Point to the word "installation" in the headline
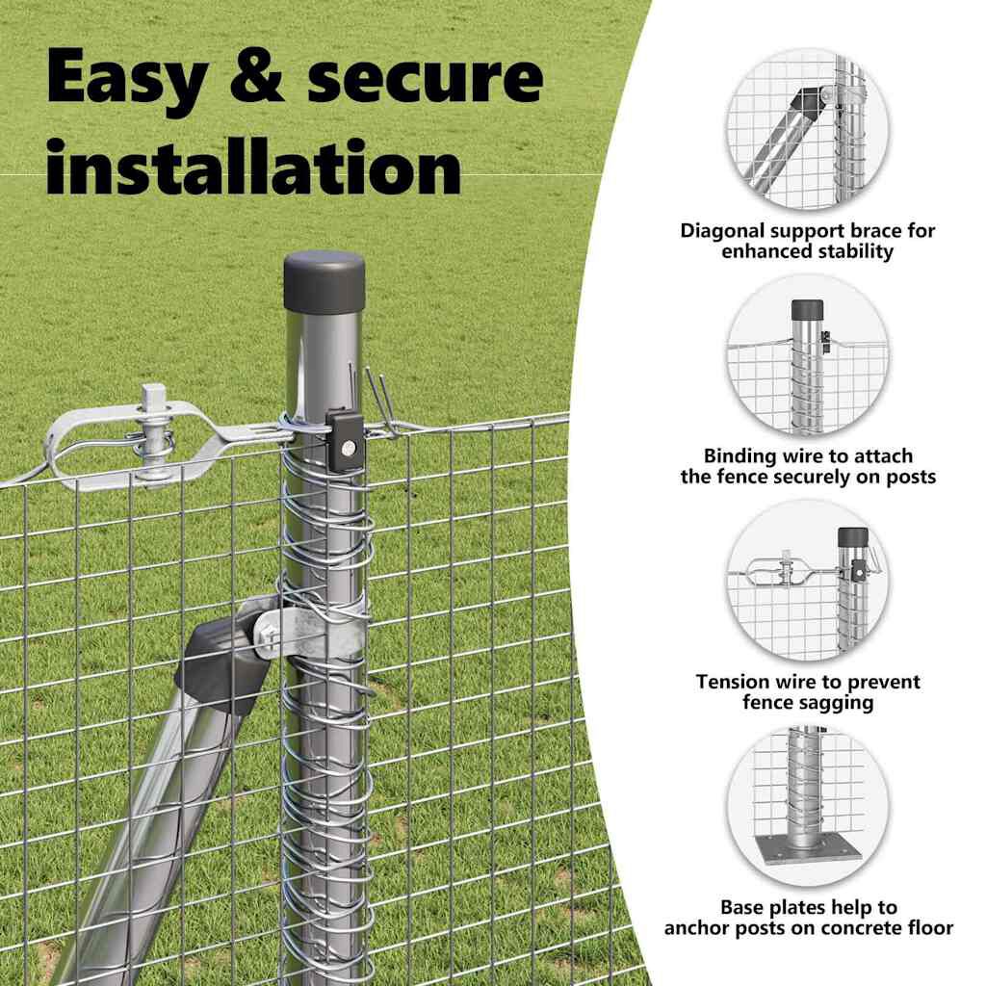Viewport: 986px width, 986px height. (253, 167)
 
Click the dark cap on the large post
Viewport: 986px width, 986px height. (324, 282)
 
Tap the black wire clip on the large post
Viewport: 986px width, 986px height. (345, 437)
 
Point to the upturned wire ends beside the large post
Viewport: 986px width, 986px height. (377, 402)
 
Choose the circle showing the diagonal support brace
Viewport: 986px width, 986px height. (808, 130)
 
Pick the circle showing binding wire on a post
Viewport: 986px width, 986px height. (808, 355)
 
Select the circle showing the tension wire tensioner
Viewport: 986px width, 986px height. (808, 581)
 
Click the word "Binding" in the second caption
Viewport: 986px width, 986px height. (740, 456)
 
